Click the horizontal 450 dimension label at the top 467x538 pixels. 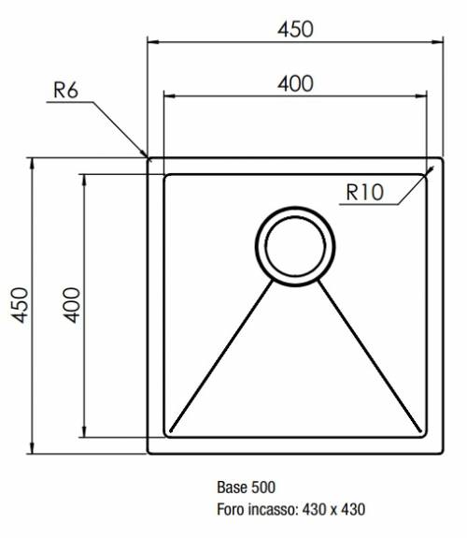(295, 30)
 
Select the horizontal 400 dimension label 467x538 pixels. (295, 83)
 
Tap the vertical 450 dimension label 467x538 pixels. (20, 305)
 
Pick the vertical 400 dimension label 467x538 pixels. (72, 305)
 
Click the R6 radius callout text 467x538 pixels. (65, 90)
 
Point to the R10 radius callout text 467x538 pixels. (364, 193)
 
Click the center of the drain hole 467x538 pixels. (295, 246)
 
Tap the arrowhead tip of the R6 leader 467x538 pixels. (148, 157)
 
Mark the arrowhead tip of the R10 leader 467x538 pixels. (433, 167)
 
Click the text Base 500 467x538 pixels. (246, 487)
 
